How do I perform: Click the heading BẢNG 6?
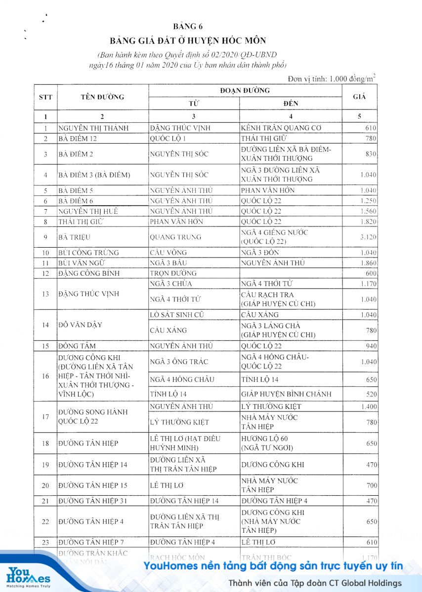(x=188, y=27)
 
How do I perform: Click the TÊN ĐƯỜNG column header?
(x=102, y=97)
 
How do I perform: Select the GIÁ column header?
(x=359, y=97)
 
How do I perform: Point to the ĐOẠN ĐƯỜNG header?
(x=245, y=91)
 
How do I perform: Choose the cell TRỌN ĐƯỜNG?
(x=173, y=273)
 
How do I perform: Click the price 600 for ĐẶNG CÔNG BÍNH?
(x=371, y=273)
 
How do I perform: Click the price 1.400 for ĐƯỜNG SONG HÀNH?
(x=367, y=407)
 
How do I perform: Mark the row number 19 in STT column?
(x=45, y=465)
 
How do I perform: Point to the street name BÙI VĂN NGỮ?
(x=82, y=263)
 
